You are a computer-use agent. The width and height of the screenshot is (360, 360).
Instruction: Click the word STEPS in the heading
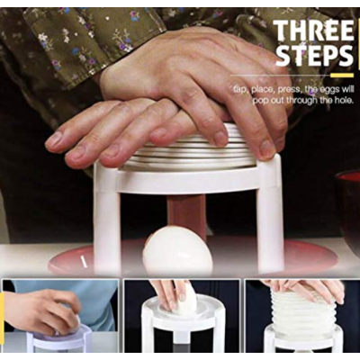314,56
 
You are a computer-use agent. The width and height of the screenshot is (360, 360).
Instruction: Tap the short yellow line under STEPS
342,75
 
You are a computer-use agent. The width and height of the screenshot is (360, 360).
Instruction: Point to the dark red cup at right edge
348,204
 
